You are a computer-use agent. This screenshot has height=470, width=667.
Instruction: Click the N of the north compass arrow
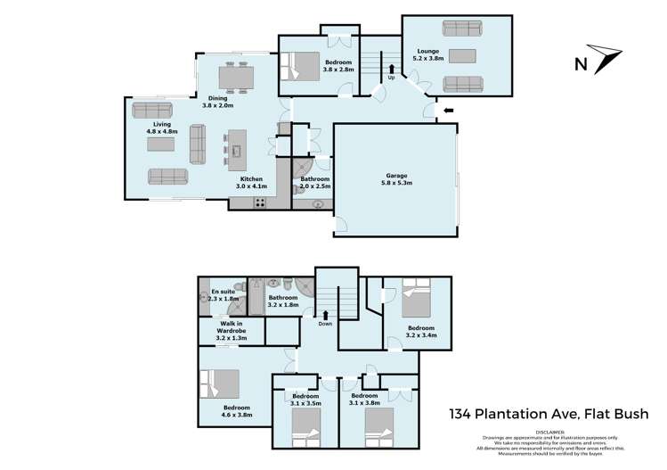[x=581, y=63]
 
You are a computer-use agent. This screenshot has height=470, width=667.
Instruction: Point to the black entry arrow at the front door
[x=448, y=111]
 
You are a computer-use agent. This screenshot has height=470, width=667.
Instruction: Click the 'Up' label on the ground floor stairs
[x=391, y=77]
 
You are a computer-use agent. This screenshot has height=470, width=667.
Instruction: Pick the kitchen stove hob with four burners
[x=261, y=202]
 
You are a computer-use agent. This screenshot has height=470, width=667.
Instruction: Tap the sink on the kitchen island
[x=237, y=151]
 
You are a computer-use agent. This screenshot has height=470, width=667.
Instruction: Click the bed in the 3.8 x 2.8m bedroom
[x=301, y=67]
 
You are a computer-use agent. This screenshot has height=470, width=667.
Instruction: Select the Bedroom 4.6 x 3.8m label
[x=238, y=411]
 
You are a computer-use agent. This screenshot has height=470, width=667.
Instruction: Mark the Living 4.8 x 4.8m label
[x=162, y=128]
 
